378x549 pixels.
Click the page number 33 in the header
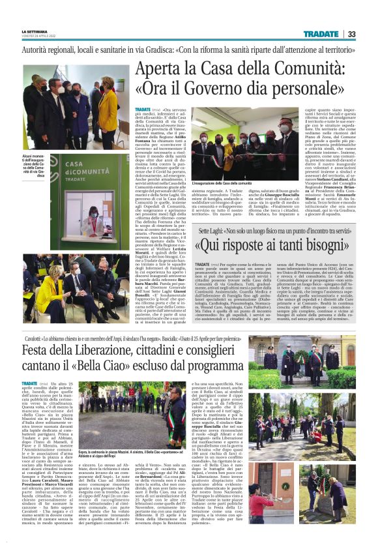click(351, 34)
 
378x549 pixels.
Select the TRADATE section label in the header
click(320, 34)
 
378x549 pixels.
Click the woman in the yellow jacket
click(108, 104)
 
